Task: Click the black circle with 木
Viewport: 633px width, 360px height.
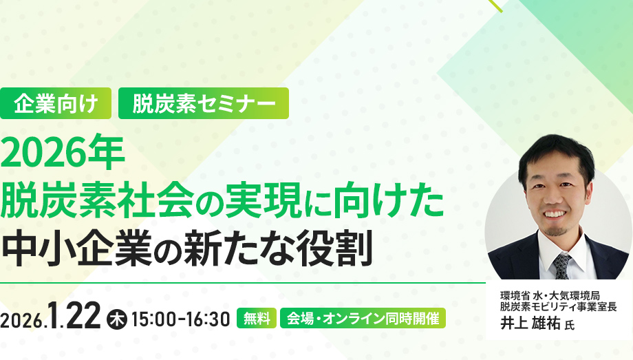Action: pyautogui.click(x=117, y=319)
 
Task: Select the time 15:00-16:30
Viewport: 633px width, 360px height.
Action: pyautogui.click(x=180, y=319)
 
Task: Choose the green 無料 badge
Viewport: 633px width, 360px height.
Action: pyautogui.click(x=257, y=319)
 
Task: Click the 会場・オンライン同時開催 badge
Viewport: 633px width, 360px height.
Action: pyautogui.click(x=363, y=319)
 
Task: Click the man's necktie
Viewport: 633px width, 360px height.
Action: pyautogui.click(x=561, y=266)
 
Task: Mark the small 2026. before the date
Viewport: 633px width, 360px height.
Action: pyautogui.click(x=25, y=320)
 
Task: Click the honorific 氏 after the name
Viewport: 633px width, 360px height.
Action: pyautogui.click(x=568, y=324)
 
